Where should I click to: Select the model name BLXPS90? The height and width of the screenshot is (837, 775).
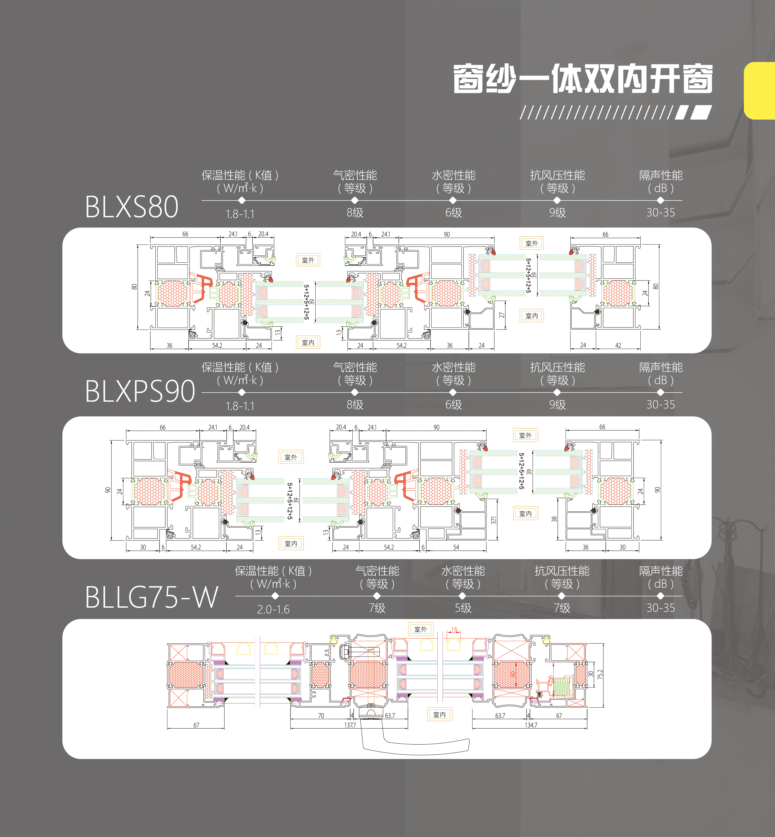pos(140,391)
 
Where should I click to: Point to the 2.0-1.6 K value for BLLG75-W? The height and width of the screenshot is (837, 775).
pos(273,609)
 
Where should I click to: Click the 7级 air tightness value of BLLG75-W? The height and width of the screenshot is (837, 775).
pos(377,608)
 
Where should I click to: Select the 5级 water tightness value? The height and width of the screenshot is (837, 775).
pos(463,608)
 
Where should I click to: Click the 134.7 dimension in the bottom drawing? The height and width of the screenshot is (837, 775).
pos(530,725)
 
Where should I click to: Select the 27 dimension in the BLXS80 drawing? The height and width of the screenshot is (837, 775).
pos(502,315)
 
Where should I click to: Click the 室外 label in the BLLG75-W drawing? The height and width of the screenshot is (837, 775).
pos(421,629)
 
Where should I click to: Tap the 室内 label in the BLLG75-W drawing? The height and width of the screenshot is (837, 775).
pos(439,714)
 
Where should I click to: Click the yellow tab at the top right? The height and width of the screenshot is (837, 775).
pos(760,91)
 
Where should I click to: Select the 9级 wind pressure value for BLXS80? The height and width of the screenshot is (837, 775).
pos(557,213)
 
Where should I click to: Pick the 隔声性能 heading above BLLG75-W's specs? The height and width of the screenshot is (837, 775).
pos(661,571)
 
